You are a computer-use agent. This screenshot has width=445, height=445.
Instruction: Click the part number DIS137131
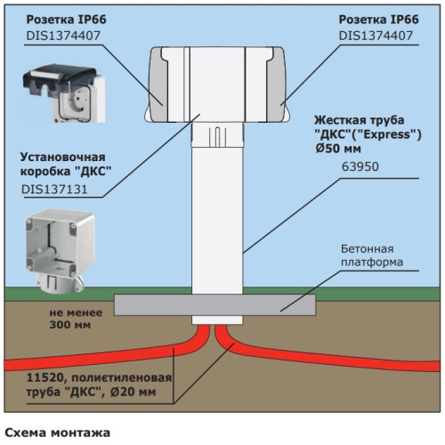(x=54, y=190)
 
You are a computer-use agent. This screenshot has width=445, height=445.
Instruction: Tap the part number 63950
(x=360, y=166)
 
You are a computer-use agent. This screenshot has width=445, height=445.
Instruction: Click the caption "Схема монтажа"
(x=58, y=433)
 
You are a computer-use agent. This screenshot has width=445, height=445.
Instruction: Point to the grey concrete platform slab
(x=215, y=304)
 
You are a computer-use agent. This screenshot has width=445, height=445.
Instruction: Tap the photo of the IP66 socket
(x=64, y=93)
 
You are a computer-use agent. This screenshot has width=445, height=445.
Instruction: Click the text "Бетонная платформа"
(x=372, y=255)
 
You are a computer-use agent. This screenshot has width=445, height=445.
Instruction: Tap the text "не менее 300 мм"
(x=76, y=319)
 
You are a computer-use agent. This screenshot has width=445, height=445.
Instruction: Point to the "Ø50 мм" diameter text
(x=338, y=149)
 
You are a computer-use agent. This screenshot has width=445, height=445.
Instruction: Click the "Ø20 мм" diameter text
(x=133, y=392)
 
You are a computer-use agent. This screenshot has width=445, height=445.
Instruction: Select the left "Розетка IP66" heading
(x=67, y=20)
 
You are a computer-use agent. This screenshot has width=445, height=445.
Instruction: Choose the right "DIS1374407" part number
(x=376, y=36)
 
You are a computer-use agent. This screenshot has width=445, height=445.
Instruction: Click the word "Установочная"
(x=63, y=158)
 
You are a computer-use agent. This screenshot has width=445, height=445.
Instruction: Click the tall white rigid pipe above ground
(x=217, y=220)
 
